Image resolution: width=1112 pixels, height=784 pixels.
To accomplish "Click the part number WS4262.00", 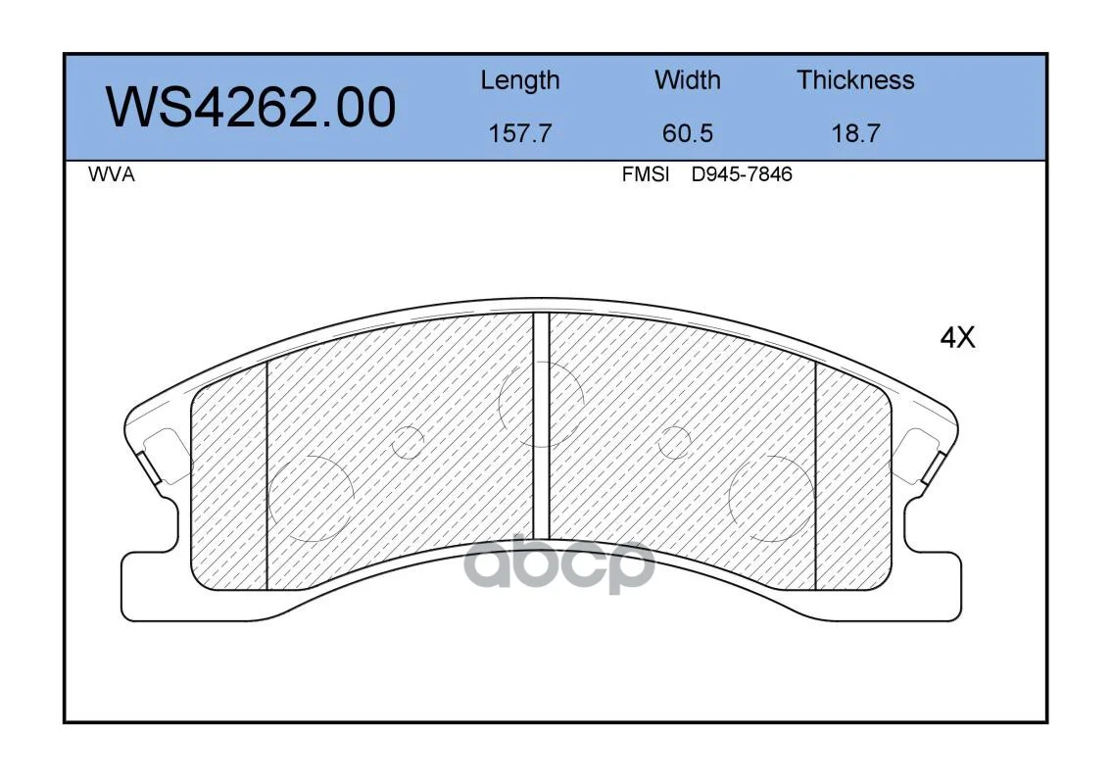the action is [x=251, y=107].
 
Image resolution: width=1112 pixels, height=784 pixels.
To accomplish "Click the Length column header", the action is [x=520, y=81].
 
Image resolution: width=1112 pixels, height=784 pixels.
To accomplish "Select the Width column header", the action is [x=687, y=79].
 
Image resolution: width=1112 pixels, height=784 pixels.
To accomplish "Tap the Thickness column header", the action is [x=855, y=79].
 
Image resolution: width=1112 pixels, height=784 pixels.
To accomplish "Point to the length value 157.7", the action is [x=520, y=133].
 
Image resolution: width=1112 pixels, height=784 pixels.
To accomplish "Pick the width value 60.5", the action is [x=687, y=133].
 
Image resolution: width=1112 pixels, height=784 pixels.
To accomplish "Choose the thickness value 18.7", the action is [x=855, y=133].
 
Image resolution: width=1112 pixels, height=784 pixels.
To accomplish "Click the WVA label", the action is [x=112, y=174].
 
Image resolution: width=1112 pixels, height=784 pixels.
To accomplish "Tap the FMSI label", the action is [x=646, y=174].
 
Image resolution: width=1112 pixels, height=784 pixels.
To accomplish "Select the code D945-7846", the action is [x=742, y=174].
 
